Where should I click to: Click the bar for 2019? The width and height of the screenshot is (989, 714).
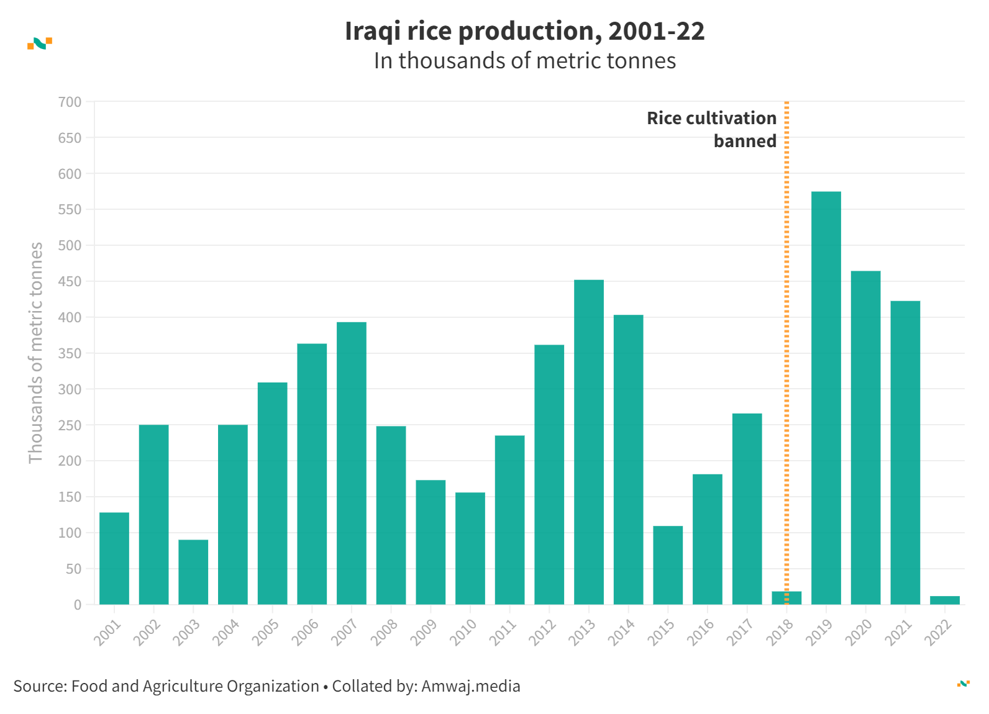tap(826, 397)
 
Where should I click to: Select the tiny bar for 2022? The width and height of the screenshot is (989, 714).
tap(944, 600)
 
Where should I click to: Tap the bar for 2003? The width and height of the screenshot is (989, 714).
tap(193, 572)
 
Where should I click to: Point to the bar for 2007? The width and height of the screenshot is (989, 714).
tap(351, 463)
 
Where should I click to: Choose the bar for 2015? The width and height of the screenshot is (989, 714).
tap(667, 565)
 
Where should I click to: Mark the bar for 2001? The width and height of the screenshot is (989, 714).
tap(114, 558)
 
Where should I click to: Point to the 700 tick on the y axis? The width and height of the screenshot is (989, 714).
tap(70, 102)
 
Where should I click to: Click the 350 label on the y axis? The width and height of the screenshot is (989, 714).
tap(70, 353)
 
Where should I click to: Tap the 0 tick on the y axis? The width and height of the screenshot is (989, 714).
tap(78, 605)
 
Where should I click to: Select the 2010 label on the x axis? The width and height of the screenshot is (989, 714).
tap(464, 632)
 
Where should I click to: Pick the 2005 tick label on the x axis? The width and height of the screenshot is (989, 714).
tap(267, 632)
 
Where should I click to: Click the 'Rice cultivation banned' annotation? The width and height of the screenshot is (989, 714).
tap(712, 129)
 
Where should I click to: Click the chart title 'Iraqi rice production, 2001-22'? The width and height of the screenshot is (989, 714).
tap(524, 31)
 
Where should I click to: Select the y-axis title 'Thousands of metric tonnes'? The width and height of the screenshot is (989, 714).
tap(35, 353)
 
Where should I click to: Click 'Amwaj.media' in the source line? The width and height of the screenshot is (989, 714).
tap(470, 686)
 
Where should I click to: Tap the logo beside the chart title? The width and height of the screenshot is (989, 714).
tap(40, 43)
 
